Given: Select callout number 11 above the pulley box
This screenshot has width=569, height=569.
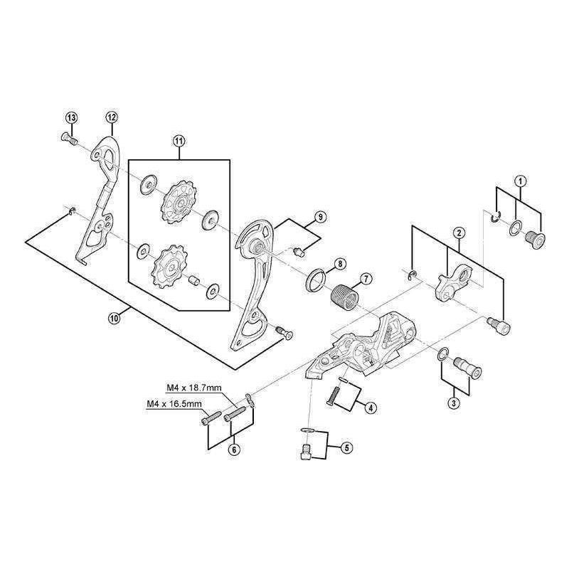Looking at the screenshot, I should tap(179, 142).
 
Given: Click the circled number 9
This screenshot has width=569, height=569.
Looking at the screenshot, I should tap(320, 216).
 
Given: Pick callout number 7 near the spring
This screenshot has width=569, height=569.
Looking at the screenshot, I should tap(365, 279).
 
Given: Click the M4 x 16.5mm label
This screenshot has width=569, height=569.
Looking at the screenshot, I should tap(174, 404).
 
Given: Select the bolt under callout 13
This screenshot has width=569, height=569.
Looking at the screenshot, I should tap(70, 139).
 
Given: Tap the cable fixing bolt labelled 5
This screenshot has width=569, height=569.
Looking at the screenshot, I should tap(304, 450).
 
